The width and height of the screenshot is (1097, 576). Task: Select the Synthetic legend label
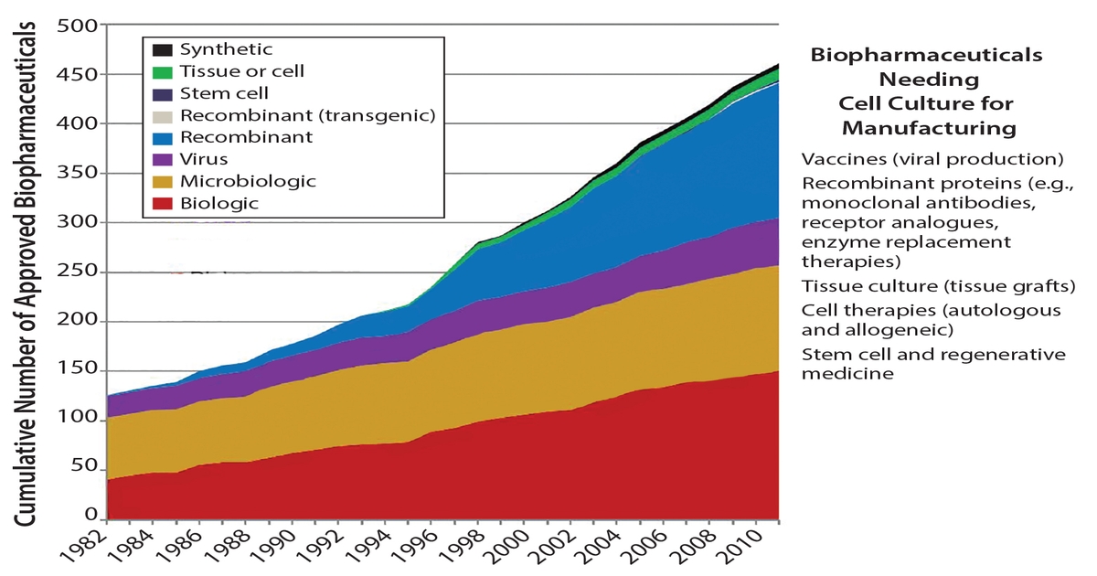pos(226,49)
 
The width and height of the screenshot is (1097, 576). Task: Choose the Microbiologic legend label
pos(248,182)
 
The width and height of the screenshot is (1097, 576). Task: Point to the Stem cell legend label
pos(224,93)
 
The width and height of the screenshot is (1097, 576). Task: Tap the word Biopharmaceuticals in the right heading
pos(927,56)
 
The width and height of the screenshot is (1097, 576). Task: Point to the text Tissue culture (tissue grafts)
pos(938,286)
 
